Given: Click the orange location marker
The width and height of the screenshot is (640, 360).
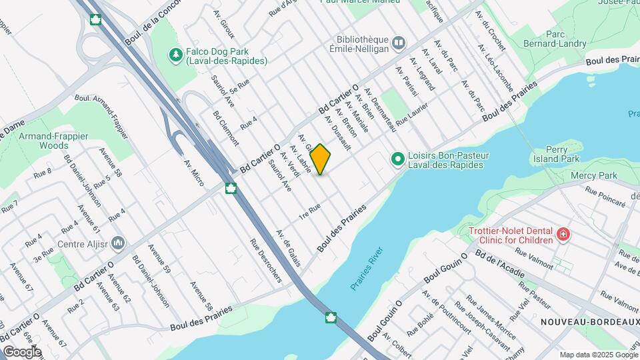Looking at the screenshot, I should pyautogui.click(x=320, y=159).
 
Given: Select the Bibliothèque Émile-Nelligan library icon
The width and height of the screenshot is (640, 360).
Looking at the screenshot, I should pyautogui.click(x=399, y=43).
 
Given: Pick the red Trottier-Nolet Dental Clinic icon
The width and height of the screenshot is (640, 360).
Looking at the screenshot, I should pyautogui.click(x=563, y=234).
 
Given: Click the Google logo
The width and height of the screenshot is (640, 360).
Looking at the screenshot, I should pyautogui.click(x=21, y=351).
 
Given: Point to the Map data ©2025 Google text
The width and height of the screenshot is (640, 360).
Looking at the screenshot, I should pyautogui.click(x=598, y=355).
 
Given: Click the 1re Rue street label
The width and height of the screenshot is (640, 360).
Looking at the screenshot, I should pyautogui.click(x=311, y=211).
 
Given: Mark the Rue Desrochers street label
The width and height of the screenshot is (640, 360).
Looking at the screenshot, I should pyautogui.click(x=266, y=261).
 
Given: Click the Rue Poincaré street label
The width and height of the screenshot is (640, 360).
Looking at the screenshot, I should pyautogui.click(x=605, y=195).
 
